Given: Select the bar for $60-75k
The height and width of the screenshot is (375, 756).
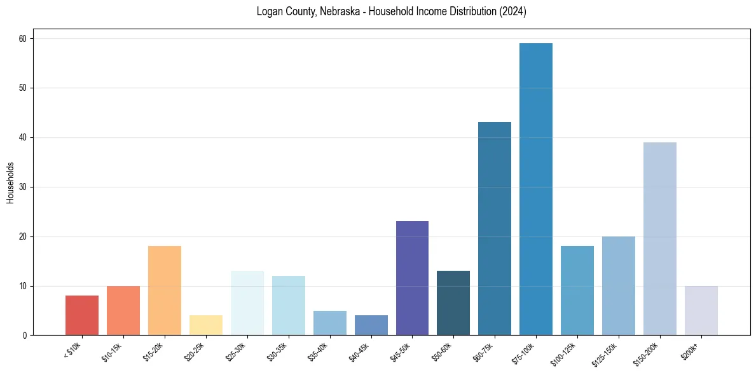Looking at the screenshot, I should point(495,229).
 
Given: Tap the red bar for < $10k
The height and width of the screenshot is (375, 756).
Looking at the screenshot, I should point(82,315).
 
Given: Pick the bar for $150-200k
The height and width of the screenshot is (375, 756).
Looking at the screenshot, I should point(660,239).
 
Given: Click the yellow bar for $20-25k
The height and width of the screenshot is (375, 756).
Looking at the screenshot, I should point(206,325).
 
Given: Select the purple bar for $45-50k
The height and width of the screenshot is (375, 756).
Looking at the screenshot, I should point(412,278).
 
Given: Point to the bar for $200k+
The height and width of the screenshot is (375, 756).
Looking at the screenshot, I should point(701,311).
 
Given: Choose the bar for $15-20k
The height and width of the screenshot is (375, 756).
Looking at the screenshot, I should point(165,290).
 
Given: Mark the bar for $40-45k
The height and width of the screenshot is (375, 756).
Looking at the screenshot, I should point(371,325).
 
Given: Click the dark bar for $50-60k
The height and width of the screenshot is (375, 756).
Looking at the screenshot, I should point(453,303).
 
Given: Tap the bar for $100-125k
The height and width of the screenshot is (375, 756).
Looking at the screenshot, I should point(577,290).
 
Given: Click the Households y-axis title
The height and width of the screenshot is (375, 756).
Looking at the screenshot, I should point(10,182).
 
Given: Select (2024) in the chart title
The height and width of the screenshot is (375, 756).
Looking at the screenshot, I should point(512,12).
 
